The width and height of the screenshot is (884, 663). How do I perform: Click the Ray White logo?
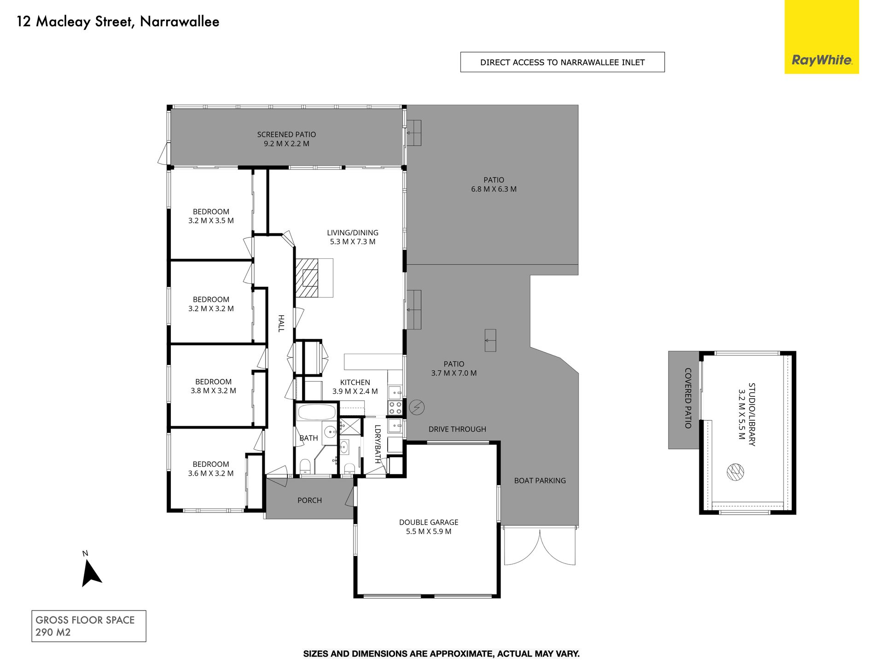[822, 37]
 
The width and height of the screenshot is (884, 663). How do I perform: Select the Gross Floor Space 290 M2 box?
[89, 626]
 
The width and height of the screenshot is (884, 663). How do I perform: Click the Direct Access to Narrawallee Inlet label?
[562, 62]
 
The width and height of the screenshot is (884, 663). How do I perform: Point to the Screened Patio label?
[286, 139]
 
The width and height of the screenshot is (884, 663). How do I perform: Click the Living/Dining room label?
[353, 237]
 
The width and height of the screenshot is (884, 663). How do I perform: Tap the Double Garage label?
[429, 527]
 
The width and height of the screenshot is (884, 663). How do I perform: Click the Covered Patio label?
[688, 398]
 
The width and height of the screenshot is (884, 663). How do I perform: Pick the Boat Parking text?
[540, 481]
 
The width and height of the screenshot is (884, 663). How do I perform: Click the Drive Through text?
[457, 429]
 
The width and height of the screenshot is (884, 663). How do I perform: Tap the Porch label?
[309, 500]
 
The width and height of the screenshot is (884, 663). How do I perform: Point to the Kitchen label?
[355, 387]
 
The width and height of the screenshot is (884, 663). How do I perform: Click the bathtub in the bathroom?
[316, 412]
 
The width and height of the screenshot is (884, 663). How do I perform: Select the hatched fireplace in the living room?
[307, 278]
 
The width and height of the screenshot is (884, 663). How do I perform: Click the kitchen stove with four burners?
[395, 408]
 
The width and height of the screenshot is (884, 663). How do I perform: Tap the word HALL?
[281, 323]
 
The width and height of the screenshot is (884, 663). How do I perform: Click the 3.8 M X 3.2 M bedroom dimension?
[213, 391]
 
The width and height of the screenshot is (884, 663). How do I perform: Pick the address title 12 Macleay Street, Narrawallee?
[118, 22]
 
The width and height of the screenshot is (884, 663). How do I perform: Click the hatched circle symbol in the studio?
[735, 471]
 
